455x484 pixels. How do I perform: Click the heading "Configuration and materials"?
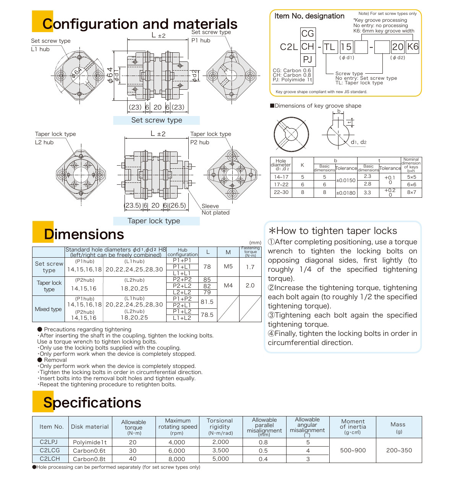pos(140,24)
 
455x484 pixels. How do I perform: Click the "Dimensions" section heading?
pos(84,234)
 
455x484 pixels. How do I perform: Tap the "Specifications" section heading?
pos(92,402)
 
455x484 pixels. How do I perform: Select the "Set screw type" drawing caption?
pos(157,120)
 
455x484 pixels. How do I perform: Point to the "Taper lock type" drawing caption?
pos(154,221)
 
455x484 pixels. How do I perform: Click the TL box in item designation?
pos(329,47)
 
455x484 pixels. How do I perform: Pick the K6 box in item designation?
pos(413,47)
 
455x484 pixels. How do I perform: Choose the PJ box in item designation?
pos(308,59)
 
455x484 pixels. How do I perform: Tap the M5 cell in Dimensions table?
pos(228,266)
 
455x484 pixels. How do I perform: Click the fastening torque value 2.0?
pos(250,286)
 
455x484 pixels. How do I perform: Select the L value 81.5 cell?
pos(207,302)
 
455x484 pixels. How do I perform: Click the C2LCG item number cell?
pos(50,450)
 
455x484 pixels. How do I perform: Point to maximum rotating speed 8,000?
pos(177,459)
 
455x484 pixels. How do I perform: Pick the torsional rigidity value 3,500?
pos(220,450)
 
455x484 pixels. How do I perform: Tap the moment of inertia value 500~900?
pos(353,450)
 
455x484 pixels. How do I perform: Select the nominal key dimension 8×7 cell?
pos(411,192)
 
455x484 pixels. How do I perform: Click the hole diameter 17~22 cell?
pos(281,184)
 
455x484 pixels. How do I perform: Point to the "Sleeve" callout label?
pos(210,206)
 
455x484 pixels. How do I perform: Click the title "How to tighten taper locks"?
pos(333,231)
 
